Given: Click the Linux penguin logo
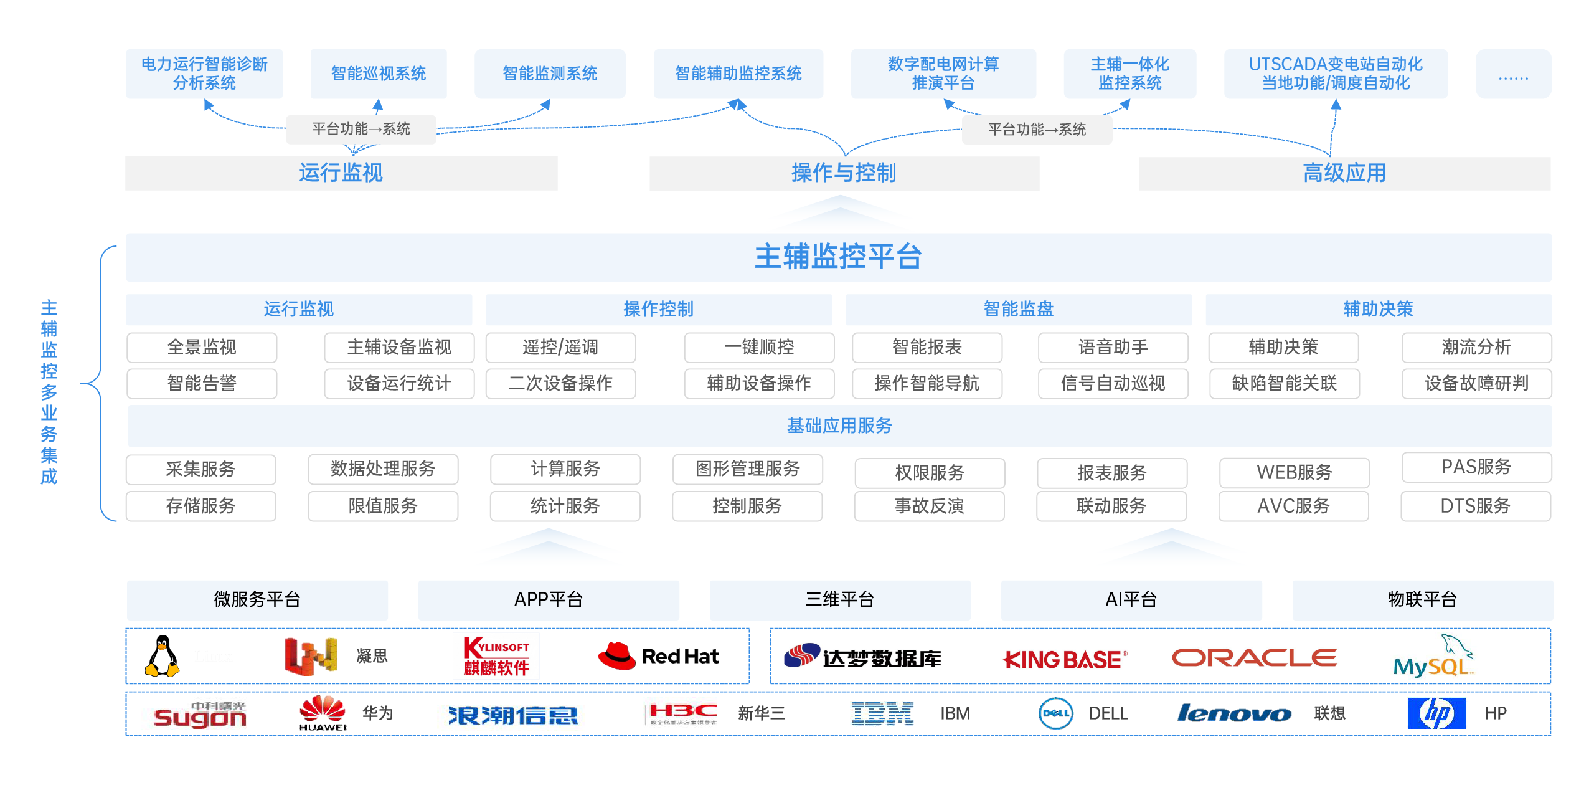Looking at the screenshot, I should [x=163, y=656].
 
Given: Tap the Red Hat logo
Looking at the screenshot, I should [x=658, y=656].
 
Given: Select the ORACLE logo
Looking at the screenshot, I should [x=1254, y=658].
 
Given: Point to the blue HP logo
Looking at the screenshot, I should [x=1436, y=713].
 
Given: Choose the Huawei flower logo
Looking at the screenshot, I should [x=323, y=711].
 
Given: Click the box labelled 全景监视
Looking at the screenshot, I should [x=202, y=347].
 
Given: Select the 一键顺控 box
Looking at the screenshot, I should [x=759, y=347].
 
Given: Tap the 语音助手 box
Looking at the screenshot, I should [x=1113, y=347].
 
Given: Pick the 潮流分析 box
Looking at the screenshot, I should [x=1476, y=347].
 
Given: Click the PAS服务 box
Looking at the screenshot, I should [x=1476, y=467].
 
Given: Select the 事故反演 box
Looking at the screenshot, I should [x=929, y=506].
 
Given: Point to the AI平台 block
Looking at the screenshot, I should [x=1131, y=599].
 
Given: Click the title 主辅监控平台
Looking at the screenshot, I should [x=838, y=257].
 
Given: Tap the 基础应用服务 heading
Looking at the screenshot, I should [x=839, y=426].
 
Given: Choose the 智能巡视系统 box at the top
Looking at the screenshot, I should [x=379, y=74].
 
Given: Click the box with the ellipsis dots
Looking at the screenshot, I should [x=1513, y=74].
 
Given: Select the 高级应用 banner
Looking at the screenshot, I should [x=1344, y=173].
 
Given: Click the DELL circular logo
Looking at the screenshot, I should [x=1056, y=713].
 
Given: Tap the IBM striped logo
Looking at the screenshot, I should [x=882, y=713].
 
